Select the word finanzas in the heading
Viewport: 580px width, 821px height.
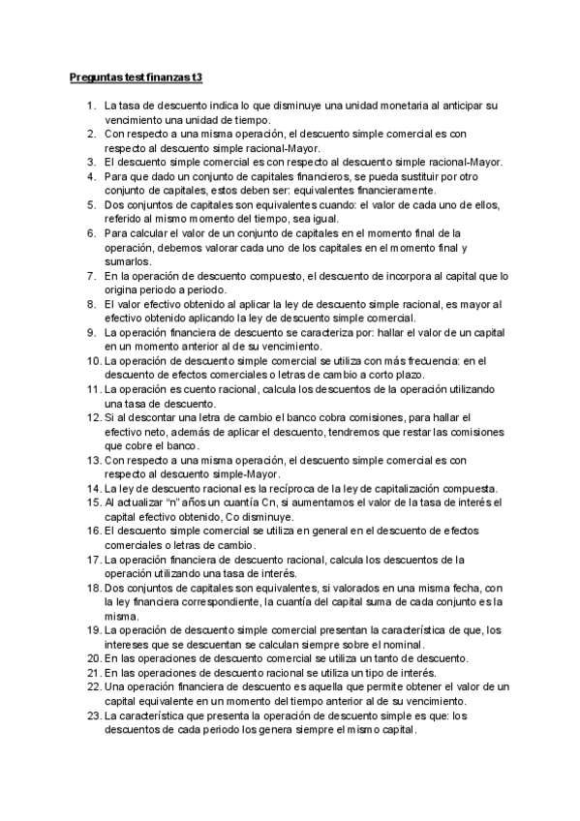tap(165, 75)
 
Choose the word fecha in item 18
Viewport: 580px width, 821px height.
tap(434, 588)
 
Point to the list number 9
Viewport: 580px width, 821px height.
tap(92, 332)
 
